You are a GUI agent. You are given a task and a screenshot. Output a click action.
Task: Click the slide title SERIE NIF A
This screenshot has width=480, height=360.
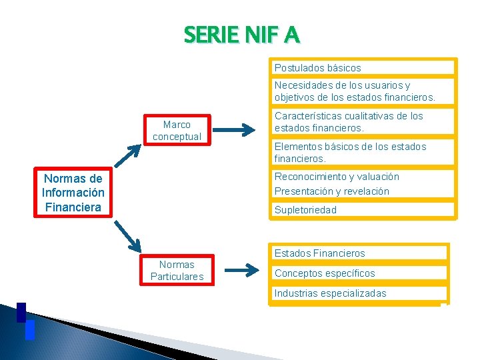(x=242, y=34)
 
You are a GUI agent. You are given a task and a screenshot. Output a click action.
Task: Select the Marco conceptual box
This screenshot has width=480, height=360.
(x=177, y=130)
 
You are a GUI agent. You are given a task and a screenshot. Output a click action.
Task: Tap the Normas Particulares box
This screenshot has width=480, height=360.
(x=177, y=270)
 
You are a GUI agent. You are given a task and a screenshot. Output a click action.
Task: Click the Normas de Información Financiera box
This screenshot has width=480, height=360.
(x=73, y=193)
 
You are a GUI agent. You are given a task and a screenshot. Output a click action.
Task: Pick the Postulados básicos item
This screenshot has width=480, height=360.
(x=317, y=67)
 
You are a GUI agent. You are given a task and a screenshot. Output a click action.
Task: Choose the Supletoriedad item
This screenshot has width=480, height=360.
(x=306, y=209)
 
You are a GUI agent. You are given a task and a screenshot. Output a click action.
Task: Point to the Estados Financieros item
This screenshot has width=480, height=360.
(x=320, y=253)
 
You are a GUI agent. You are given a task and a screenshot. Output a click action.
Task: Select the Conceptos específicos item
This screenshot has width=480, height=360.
(x=325, y=273)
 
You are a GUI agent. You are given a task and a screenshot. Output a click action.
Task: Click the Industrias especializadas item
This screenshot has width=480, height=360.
(x=330, y=293)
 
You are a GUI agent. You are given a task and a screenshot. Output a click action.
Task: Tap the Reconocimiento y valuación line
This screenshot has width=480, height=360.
(x=337, y=177)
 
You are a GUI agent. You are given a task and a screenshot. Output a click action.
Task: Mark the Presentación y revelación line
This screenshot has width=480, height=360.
(x=332, y=191)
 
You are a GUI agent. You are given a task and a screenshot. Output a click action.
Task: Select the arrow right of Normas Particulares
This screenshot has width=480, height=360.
(x=240, y=271)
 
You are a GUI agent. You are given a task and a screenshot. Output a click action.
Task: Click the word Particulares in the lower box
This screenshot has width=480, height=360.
(x=177, y=276)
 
